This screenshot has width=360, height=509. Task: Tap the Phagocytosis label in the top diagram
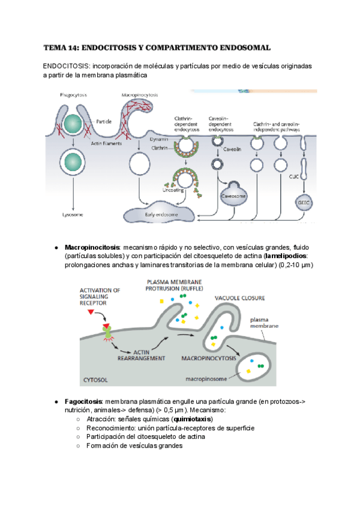click(74, 95)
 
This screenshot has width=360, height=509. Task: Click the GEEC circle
click(304, 202)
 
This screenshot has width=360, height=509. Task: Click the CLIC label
click(294, 176)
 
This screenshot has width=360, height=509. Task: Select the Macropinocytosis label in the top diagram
click(139, 95)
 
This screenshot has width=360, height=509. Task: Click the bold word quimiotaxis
click(192, 419)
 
